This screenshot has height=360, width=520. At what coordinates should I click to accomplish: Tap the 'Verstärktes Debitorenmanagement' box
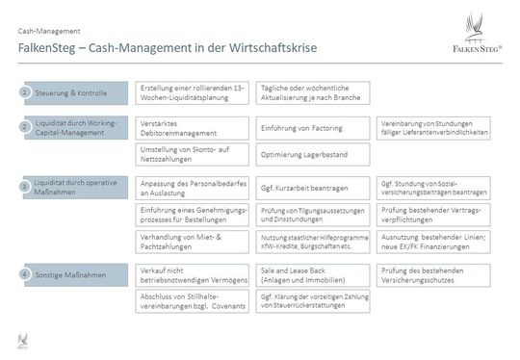click(194, 128)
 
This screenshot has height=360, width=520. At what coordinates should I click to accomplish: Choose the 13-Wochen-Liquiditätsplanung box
click(194, 92)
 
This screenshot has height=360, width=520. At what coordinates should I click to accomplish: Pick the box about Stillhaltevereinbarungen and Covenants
click(194, 302)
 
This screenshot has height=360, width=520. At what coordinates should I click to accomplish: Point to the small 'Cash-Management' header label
click(43, 31)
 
